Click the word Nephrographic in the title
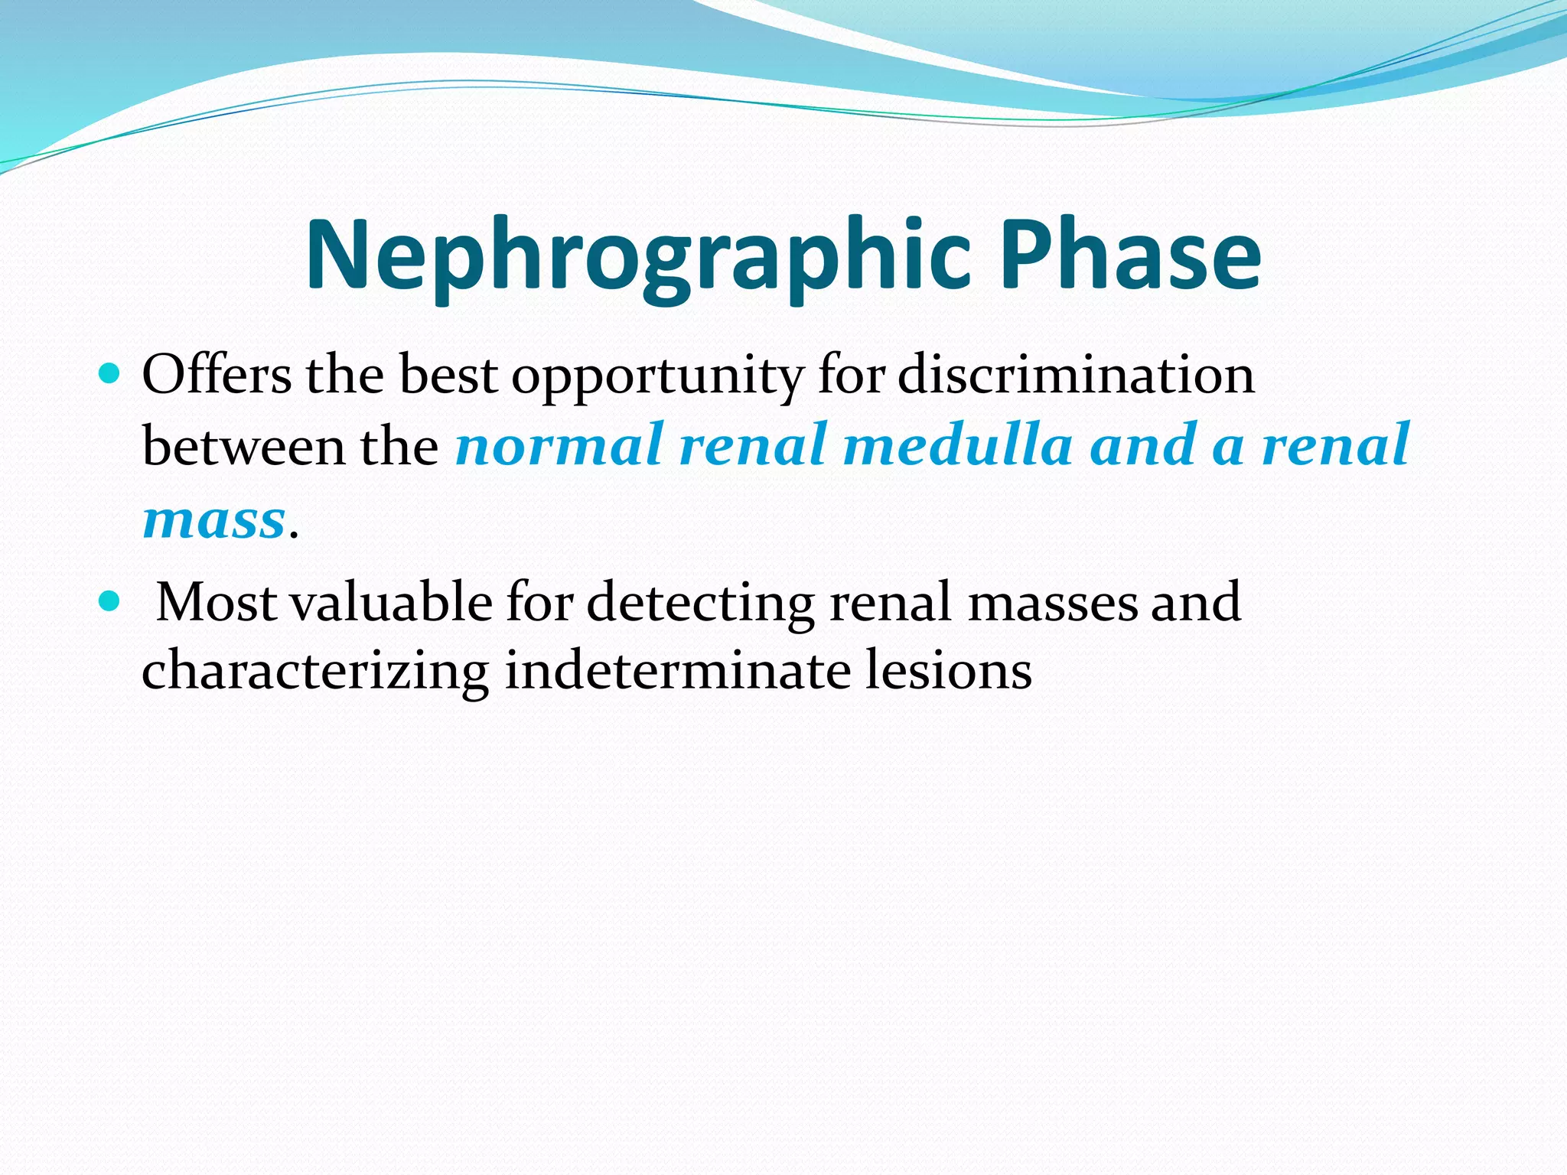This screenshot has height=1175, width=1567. (x=639, y=256)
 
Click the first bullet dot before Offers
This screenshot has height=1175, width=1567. (x=110, y=374)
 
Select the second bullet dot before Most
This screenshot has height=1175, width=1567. (x=110, y=601)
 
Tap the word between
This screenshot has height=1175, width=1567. (x=243, y=446)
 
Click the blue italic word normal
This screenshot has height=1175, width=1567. (x=558, y=446)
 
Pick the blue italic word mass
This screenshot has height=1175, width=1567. (x=213, y=521)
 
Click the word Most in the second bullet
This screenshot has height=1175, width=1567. (x=217, y=602)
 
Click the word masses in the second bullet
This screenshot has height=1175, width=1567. (x=1053, y=602)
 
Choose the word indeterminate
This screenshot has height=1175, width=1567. (x=678, y=670)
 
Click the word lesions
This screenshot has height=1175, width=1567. (x=949, y=670)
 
